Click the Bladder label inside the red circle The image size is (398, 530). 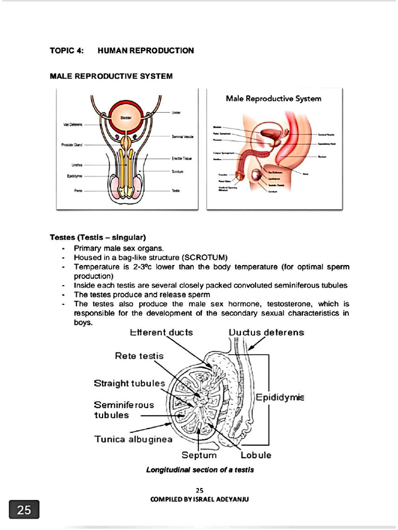pyautogui.click(x=125, y=118)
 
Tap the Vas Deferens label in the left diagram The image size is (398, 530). pyautogui.click(x=73, y=125)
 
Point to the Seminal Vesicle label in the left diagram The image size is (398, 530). pyautogui.click(x=183, y=137)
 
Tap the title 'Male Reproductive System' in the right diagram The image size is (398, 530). pyautogui.click(x=274, y=98)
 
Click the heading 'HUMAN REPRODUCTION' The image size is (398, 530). pyautogui.click(x=146, y=50)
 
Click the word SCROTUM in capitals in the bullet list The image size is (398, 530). pyautogui.click(x=206, y=257)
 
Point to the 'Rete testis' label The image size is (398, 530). pyautogui.click(x=139, y=356)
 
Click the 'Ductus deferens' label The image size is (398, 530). pyautogui.click(x=266, y=332)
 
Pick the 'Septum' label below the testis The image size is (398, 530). pyautogui.click(x=199, y=455)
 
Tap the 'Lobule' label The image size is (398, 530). pyautogui.click(x=256, y=455)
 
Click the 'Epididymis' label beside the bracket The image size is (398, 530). pyautogui.click(x=280, y=397)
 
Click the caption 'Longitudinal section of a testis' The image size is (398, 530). pyautogui.click(x=200, y=470)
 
